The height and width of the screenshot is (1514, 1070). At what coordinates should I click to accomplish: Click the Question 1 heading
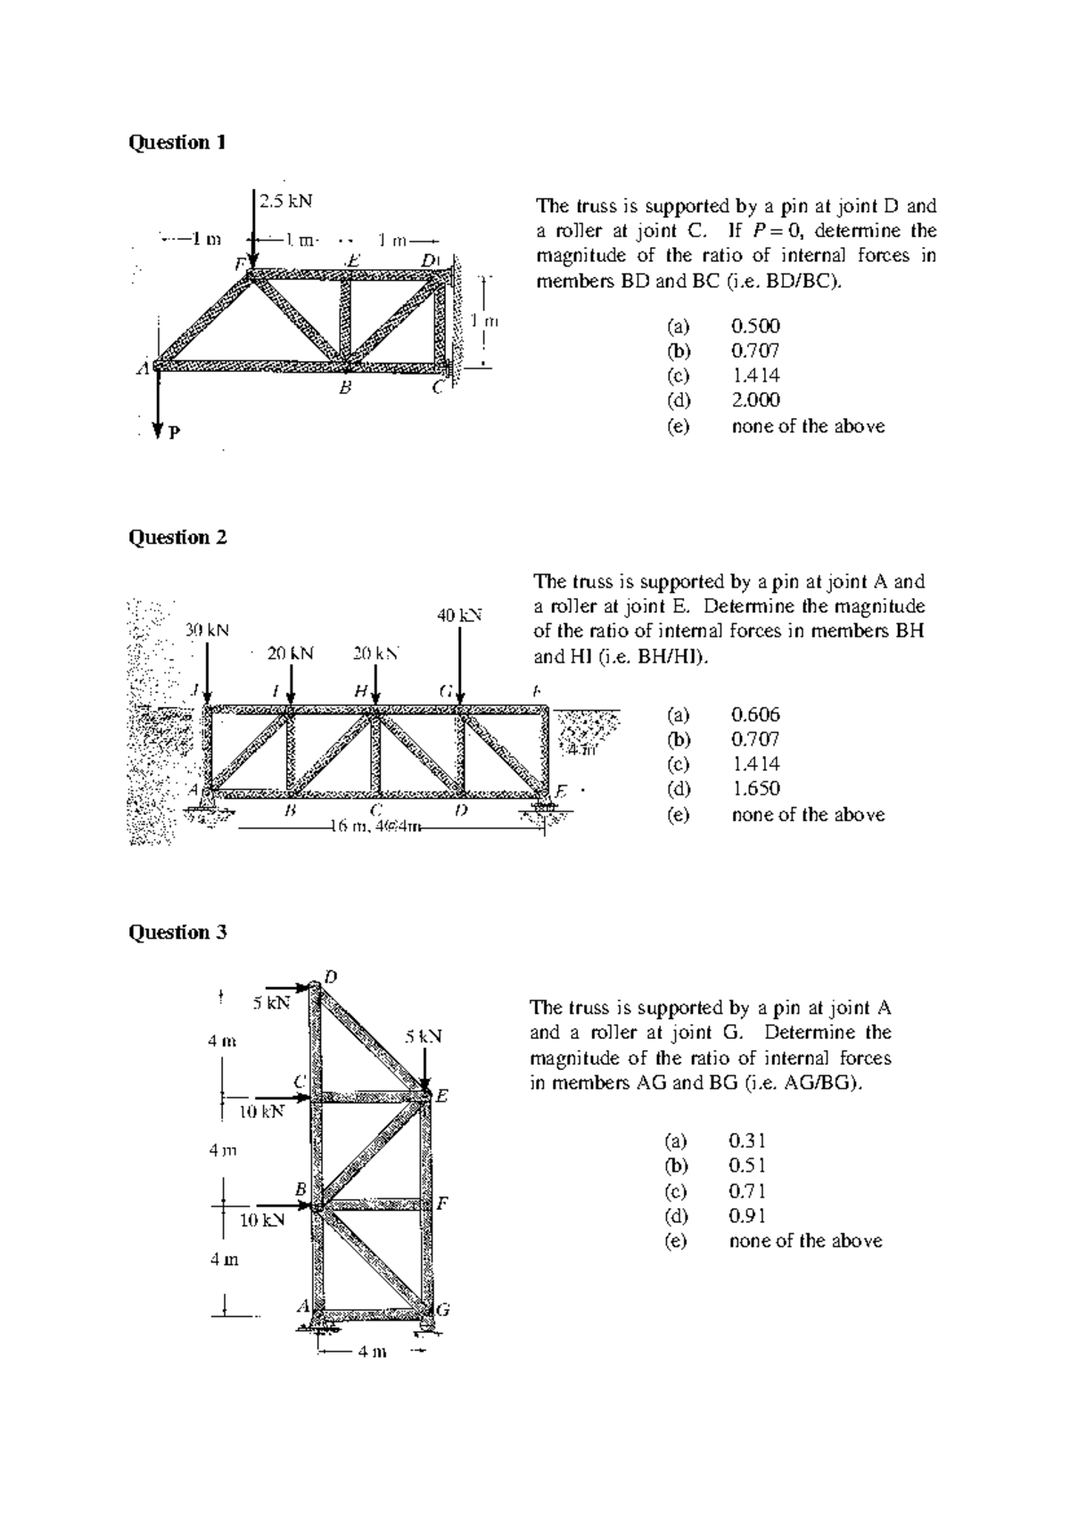(177, 143)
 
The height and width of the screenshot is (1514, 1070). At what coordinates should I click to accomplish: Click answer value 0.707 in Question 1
(755, 350)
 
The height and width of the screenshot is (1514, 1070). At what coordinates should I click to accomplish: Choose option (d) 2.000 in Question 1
(755, 400)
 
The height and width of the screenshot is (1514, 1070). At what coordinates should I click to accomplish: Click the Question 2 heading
(177, 538)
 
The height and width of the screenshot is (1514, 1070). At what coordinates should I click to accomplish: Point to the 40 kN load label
(458, 615)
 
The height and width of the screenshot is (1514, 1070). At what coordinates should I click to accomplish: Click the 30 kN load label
(207, 629)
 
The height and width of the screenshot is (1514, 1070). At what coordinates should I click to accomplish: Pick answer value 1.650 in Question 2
(755, 789)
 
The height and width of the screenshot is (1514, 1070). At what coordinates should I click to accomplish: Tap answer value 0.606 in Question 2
(755, 714)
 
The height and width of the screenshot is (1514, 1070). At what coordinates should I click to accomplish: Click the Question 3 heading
(177, 933)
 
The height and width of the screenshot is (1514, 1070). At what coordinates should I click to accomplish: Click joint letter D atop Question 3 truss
(330, 976)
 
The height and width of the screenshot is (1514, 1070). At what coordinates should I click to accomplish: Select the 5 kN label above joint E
(423, 1037)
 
